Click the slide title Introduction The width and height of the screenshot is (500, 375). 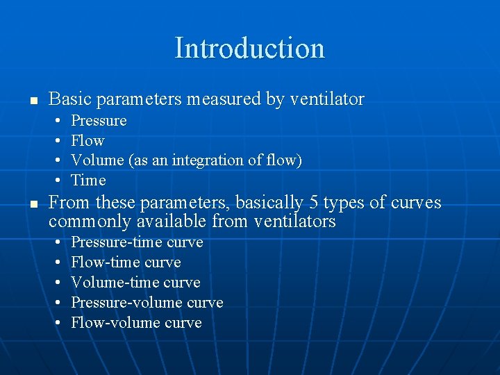click(249, 48)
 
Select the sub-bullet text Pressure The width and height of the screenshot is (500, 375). click(99, 121)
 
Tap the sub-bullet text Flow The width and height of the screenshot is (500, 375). click(87, 141)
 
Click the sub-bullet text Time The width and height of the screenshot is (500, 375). click(88, 181)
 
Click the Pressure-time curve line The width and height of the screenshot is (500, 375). click(137, 242)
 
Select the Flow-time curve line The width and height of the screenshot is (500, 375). click(126, 262)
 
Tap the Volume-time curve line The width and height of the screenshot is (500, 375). click(135, 283)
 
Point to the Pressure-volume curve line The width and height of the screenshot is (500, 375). click(147, 303)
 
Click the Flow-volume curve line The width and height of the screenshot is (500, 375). click(136, 323)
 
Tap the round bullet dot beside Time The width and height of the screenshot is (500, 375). click(56, 181)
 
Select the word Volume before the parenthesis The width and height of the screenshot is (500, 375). click(97, 160)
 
